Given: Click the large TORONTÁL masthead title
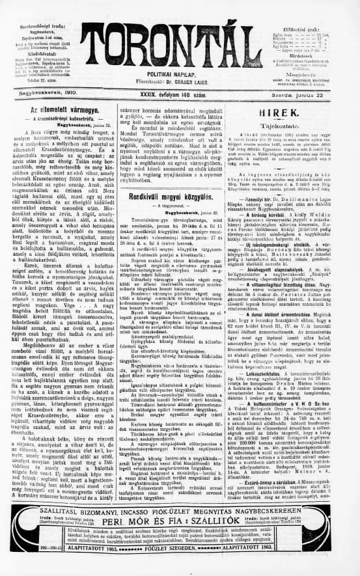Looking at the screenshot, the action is (178, 49).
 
